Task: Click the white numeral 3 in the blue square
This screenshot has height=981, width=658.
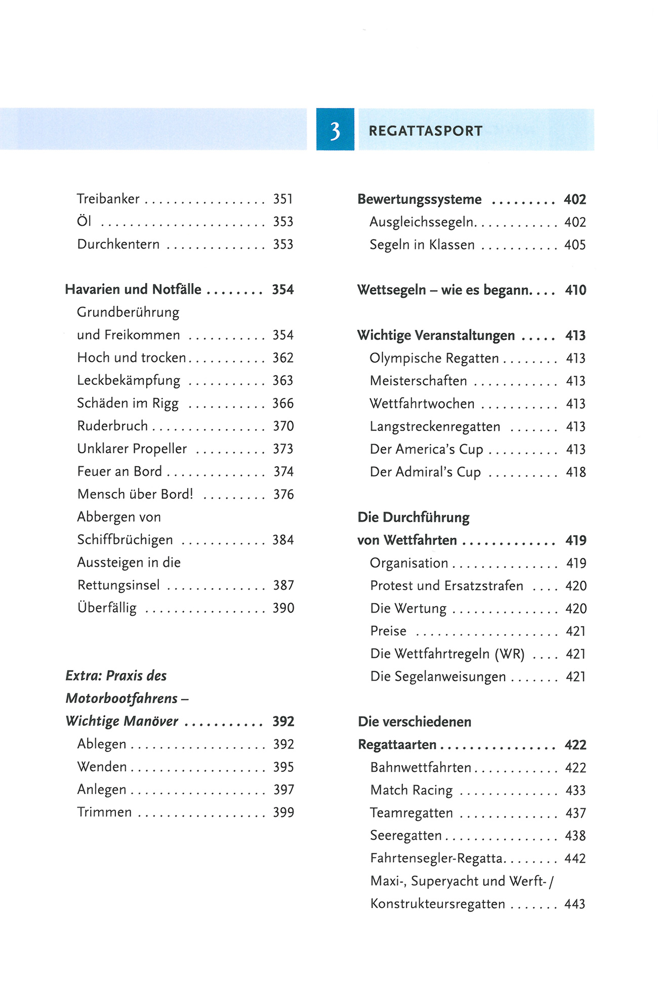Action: click(335, 130)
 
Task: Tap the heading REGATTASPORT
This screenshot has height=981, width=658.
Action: click(425, 131)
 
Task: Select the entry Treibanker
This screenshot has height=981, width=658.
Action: click(108, 199)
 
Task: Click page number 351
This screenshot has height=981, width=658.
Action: click(283, 199)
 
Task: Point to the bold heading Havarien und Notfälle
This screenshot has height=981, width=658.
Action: click(133, 289)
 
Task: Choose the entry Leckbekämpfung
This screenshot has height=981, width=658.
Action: click(129, 380)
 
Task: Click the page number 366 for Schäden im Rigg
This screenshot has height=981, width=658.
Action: click(283, 403)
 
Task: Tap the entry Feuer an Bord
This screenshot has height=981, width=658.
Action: click(119, 471)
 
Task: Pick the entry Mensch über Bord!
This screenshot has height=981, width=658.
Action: click(135, 494)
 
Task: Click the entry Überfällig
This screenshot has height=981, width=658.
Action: click(107, 608)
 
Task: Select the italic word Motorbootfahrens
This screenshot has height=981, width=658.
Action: click(121, 698)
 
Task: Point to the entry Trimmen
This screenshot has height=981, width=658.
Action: click(104, 812)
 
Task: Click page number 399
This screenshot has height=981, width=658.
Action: click(283, 812)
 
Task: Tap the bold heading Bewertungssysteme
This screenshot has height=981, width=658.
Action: click(419, 199)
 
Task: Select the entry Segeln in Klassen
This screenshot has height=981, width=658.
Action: click(422, 245)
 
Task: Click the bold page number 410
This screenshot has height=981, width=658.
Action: click(575, 290)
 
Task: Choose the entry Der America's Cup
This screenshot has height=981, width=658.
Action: click(426, 449)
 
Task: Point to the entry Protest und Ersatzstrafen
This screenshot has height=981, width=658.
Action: click(446, 586)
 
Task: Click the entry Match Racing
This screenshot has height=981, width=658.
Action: click(411, 790)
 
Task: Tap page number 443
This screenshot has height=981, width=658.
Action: click(575, 904)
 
